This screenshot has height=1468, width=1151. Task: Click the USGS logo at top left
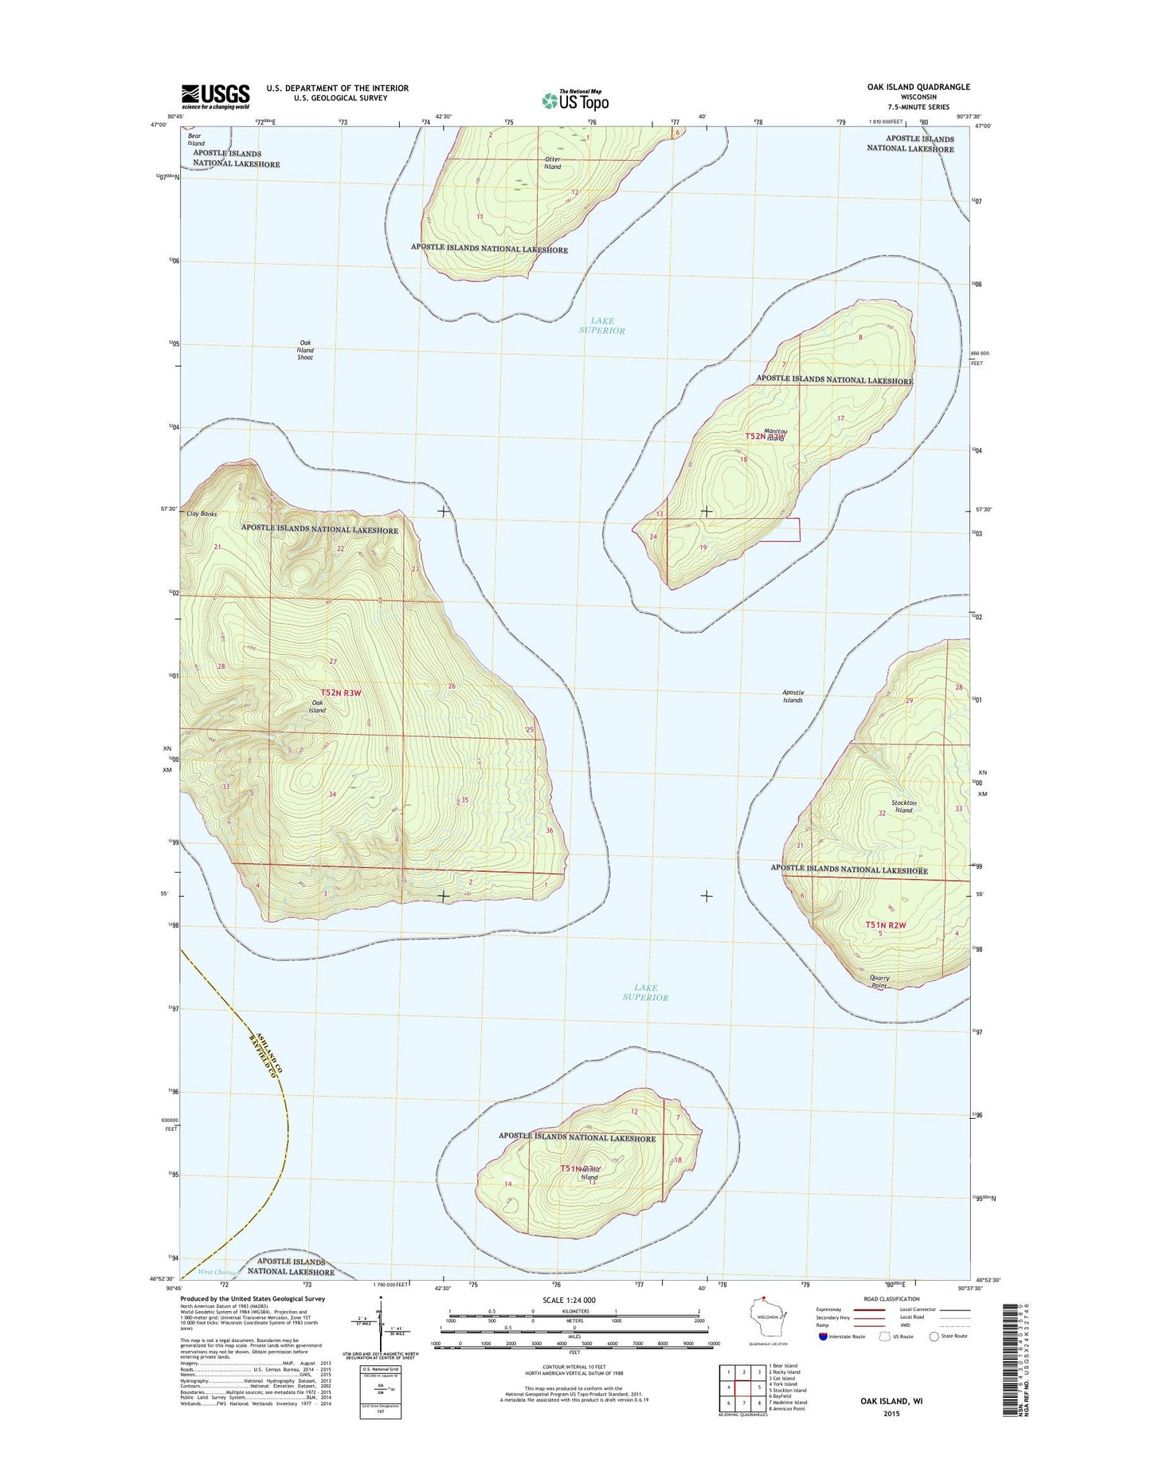(215, 96)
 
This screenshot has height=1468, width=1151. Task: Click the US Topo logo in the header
(575, 100)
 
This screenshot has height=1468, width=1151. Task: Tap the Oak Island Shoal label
(305, 351)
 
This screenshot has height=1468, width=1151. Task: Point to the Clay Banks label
(202, 514)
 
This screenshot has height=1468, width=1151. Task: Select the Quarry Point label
(879, 982)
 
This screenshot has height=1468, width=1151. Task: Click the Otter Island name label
(553, 163)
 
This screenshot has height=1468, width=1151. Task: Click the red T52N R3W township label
(341, 693)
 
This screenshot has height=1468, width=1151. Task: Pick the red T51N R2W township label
(886, 924)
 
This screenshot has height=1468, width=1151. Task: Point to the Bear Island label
(196, 139)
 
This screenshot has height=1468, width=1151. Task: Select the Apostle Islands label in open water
(793, 697)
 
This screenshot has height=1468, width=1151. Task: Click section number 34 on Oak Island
(332, 795)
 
